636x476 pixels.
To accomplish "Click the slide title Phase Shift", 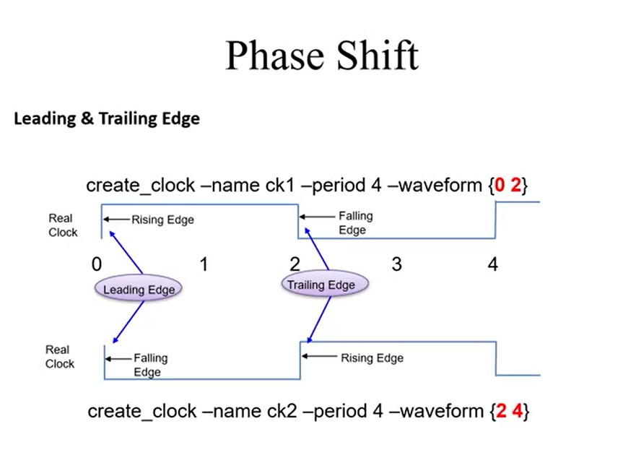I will [321, 55].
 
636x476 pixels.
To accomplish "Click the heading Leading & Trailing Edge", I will [107, 119].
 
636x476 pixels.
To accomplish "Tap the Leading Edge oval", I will [139, 290].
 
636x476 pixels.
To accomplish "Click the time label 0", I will [97, 264].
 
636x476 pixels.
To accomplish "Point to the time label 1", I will [204, 264].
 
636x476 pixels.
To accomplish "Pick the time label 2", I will [295, 264].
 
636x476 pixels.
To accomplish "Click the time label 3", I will [396, 264].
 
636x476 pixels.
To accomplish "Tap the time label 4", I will [492, 264].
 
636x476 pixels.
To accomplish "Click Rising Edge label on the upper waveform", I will [162, 220].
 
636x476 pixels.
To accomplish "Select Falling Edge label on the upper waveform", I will [355, 222].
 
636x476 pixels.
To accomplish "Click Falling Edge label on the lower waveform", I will [150, 365].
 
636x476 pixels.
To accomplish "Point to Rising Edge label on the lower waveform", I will [372, 358].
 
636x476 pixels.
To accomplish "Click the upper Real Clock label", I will [63, 225].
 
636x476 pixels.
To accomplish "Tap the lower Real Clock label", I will [59, 357].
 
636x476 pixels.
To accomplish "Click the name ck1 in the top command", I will [279, 186].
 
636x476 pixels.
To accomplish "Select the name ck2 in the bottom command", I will [281, 412].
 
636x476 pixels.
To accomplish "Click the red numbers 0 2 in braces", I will [508, 186].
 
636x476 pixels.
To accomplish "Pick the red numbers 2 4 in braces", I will [510, 412].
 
